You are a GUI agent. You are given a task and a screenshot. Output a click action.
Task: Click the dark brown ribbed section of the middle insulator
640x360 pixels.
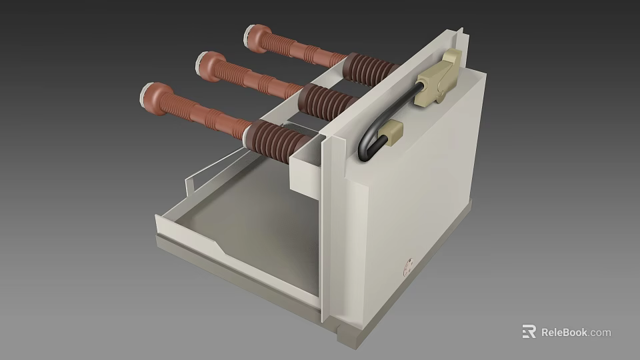tap(327, 103)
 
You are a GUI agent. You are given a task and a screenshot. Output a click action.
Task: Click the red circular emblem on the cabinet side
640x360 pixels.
tap(407, 268)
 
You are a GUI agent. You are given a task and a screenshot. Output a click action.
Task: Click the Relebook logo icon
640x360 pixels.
tap(529, 331)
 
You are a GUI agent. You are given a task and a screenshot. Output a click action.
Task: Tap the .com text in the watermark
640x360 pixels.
tap(600, 332)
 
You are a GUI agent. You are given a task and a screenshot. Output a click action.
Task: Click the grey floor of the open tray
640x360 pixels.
tap(260, 220)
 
